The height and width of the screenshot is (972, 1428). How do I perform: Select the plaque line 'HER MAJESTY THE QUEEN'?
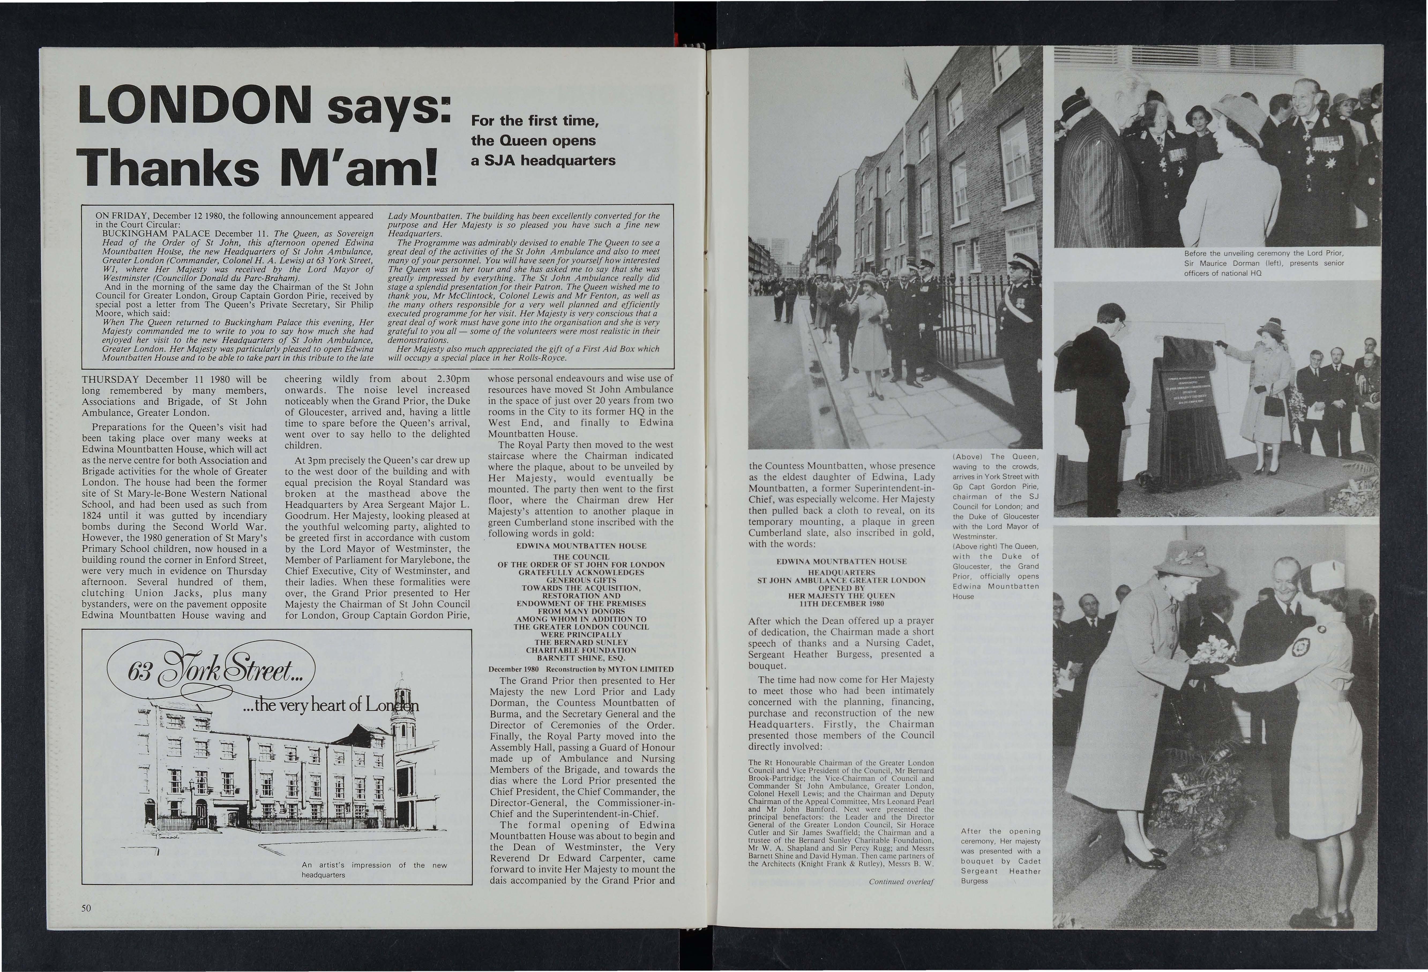pos(842,595)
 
